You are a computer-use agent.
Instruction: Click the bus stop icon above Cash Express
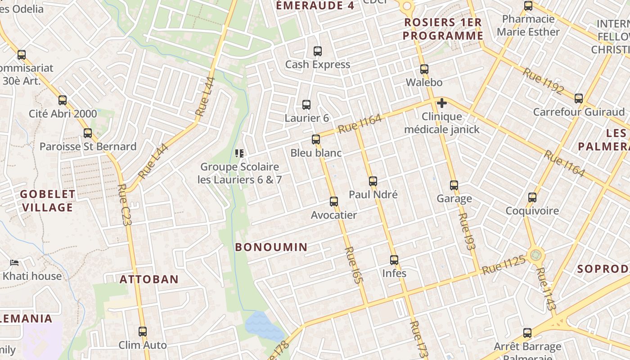coord(318,51)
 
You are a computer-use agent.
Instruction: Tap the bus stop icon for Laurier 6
coord(306,104)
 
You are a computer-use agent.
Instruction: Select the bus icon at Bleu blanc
coord(316,139)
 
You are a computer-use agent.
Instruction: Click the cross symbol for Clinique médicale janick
coord(442,103)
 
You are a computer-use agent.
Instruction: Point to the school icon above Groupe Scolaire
coord(239,153)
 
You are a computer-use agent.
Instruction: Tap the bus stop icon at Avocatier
coord(334,201)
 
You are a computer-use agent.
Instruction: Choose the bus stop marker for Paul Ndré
coord(373,181)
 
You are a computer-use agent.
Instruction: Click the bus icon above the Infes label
coord(394,260)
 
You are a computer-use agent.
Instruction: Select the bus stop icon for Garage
coord(454,185)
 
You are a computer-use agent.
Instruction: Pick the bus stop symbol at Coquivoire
coord(532,197)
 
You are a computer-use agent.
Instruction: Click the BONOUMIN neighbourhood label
coord(271,247)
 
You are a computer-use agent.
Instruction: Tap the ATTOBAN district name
coord(149,279)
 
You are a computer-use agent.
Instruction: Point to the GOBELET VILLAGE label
coord(47,201)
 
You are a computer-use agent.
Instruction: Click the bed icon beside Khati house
coord(14,262)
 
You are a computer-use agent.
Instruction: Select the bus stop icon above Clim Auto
coord(143,332)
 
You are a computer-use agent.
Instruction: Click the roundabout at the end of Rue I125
coord(535,256)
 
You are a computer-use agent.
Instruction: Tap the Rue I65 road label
coord(353,265)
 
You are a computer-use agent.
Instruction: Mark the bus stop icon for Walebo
coord(424,69)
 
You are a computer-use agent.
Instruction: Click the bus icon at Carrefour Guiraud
coord(579,98)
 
